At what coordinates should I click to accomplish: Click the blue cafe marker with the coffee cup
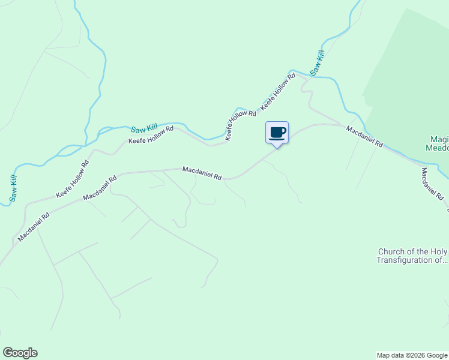pyautogui.click(x=277, y=133)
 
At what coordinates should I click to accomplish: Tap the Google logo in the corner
pyautogui.click(x=20, y=353)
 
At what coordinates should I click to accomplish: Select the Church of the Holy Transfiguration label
pyautogui.click(x=413, y=256)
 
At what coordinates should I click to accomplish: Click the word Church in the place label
pyautogui.click(x=392, y=251)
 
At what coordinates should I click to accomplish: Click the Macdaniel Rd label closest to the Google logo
pyautogui.click(x=34, y=226)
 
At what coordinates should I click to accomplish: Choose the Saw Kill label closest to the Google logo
pyautogui.click(x=13, y=188)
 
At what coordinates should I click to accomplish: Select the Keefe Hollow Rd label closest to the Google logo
pyautogui.click(x=73, y=179)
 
